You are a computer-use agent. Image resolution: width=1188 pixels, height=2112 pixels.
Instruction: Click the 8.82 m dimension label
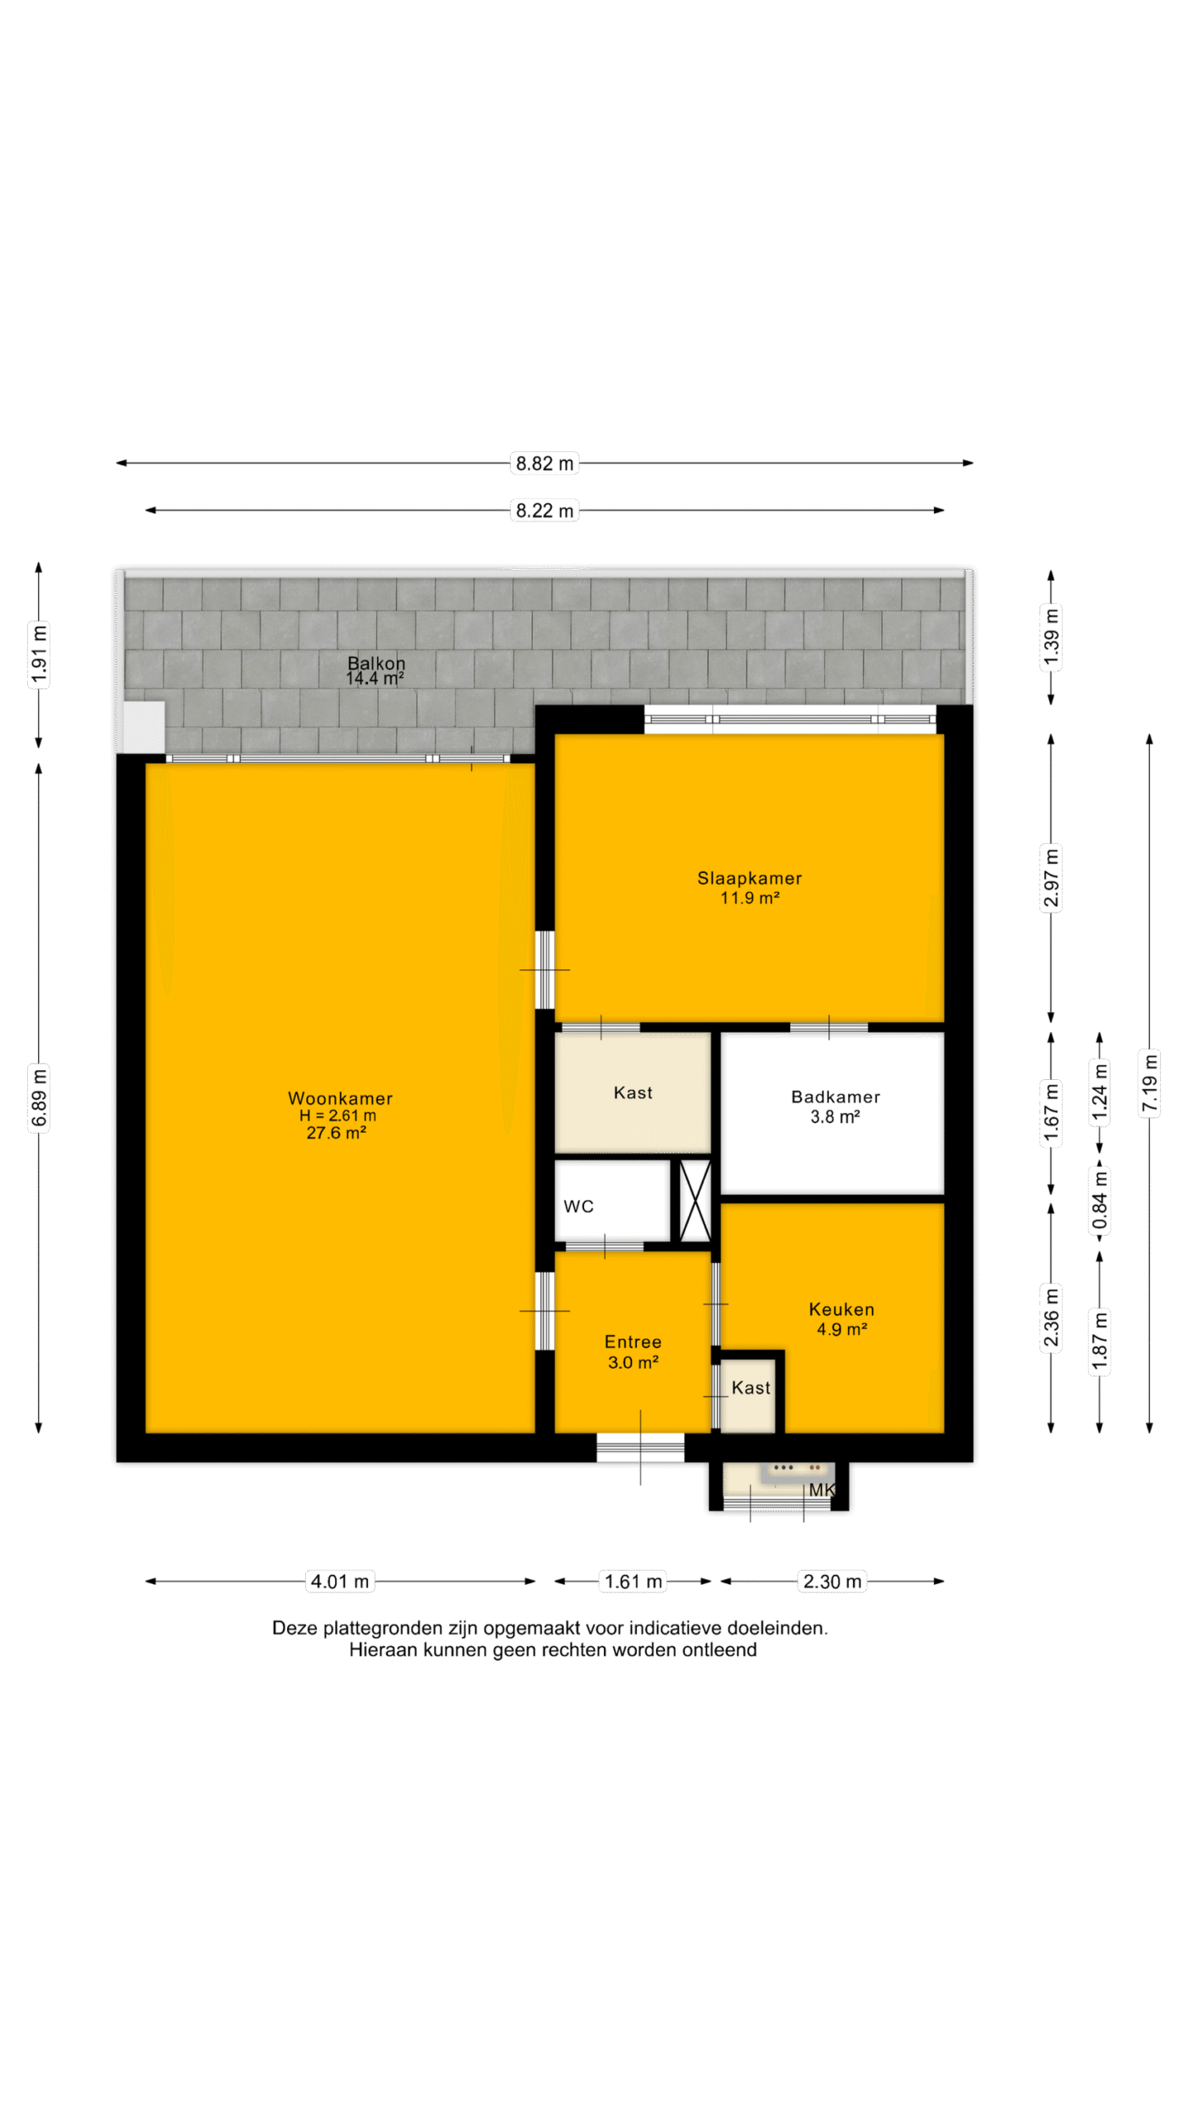click(544, 463)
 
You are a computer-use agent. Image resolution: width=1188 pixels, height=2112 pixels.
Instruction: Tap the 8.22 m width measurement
click(544, 510)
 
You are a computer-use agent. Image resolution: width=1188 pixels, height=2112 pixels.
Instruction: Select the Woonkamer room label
click(340, 1098)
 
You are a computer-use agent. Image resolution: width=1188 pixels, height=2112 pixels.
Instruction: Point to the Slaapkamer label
click(749, 878)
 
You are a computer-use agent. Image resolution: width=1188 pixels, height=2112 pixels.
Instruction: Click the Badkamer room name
click(835, 1096)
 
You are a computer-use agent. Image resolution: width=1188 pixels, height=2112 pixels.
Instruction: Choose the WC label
click(578, 1206)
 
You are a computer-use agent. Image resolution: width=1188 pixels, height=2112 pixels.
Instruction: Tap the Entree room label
click(633, 1341)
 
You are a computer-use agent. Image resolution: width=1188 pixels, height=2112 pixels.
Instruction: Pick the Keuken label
click(841, 1309)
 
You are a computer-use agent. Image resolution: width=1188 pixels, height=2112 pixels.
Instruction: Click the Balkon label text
click(376, 662)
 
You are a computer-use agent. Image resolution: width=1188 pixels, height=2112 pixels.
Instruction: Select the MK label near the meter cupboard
click(822, 1490)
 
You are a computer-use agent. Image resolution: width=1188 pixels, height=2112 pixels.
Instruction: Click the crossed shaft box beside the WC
click(695, 1200)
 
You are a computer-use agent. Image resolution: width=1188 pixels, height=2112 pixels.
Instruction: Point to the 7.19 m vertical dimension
click(1149, 1084)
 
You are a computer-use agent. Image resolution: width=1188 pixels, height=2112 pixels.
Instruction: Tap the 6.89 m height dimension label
click(39, 1096)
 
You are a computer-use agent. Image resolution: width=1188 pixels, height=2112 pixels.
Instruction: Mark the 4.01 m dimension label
click(340, 1581)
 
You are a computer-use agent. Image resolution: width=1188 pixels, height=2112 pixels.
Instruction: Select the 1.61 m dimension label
click(633, 1581)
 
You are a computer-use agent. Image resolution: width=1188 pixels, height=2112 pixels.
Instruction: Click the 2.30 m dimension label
click(832, 1581)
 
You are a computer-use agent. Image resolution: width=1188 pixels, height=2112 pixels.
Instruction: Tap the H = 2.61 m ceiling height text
click(337, 1115)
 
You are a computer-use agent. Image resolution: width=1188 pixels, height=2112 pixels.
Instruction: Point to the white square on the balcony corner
click(144, 726)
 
